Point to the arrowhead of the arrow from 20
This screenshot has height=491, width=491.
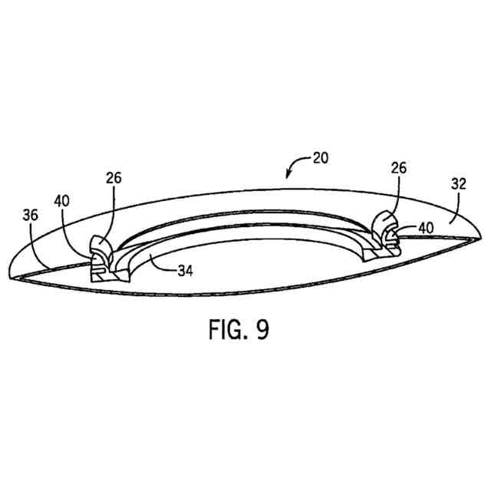pyautogui.click(x=287, y=178)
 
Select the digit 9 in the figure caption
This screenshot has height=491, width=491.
pyautogui.click(x=262, y=330)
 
